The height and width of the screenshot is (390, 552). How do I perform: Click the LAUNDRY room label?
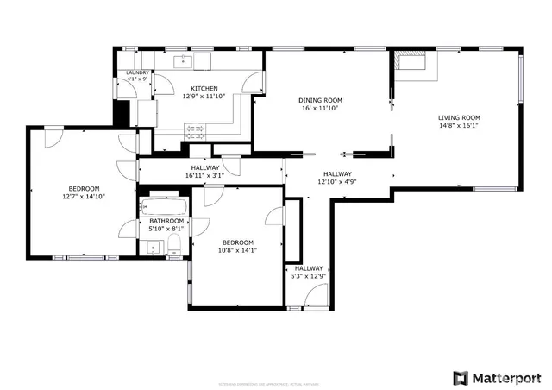click(138, 73)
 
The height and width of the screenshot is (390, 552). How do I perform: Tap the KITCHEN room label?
click(204, 88)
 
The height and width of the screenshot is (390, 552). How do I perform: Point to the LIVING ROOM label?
click(459, 117)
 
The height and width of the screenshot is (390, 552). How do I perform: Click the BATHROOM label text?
click(166, 221)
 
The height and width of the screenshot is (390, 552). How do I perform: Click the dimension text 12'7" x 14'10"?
click(84, 197)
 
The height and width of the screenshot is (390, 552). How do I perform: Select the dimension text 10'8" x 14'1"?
click(237, 250)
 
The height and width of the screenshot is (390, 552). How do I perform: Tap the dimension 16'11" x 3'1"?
click(204, 175)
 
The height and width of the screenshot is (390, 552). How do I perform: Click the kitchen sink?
click(185, 61)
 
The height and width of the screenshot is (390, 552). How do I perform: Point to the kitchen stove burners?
click(197, 131)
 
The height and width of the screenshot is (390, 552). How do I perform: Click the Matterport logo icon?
click(461, 378)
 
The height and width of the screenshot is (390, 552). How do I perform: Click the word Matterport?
click(507, 378)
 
